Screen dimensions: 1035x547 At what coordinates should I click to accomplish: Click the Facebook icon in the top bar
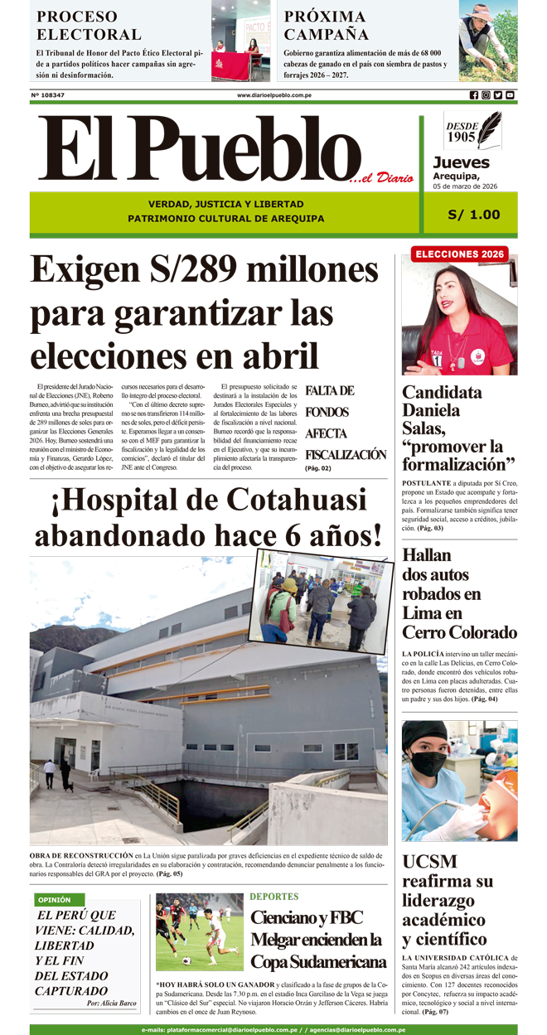click(x=474, y=95)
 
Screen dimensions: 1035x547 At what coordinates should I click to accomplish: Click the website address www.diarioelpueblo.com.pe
click(x=274, y=95)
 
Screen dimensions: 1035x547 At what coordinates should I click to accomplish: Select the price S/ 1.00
click(x=474, y=215)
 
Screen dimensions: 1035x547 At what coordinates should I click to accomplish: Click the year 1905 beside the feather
click(x=461, y=137)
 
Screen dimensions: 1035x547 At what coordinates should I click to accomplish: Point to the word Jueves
click(x=461, y=162)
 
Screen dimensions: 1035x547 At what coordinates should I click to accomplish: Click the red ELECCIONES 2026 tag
click(x=459, y=254)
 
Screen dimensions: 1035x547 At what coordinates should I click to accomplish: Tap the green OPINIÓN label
click(x=55, y=899)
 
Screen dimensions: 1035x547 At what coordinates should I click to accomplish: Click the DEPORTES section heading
click(x=274, y=897)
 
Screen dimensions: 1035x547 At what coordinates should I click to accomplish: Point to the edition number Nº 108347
click(x=48, y=95)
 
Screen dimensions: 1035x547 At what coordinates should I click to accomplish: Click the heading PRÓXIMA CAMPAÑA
click(x=325, y=26)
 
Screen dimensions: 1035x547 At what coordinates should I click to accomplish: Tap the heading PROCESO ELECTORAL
click(x=89, y=26)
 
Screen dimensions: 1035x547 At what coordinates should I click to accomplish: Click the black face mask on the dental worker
click(x=428, y=762)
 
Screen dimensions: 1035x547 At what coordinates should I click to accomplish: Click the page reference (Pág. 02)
click(x=318, y=469)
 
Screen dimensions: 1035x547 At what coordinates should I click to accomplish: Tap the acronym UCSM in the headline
click(x=429, y=860)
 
